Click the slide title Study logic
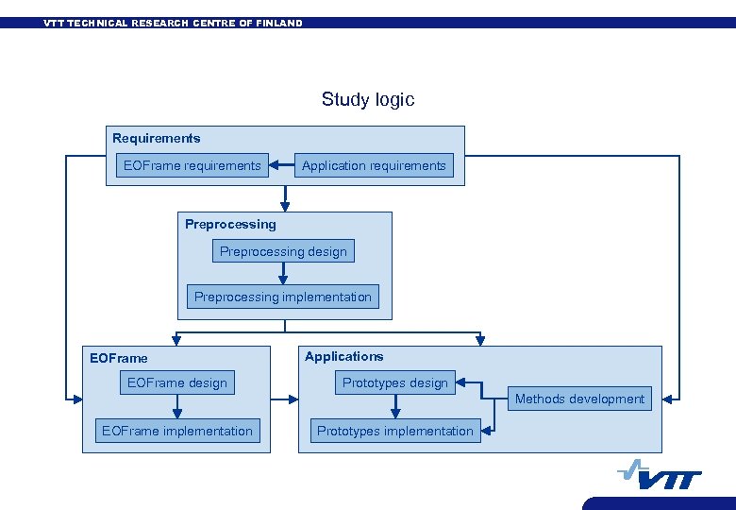point(367,99)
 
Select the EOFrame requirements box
point(192,165)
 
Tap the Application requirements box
point(374,165)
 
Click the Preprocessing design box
point(283,251)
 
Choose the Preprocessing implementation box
point(283,297)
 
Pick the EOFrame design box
point(176,382)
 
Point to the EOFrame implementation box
point(176,431)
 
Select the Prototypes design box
point(394,382)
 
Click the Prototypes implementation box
point(394,431)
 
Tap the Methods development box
point(579,399)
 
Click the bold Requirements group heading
point(157,138)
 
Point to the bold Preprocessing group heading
point(230,224)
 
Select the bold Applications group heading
point(343,356)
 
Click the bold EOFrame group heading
point(119,358)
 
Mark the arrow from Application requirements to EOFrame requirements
point(281,165)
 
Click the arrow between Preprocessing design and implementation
point(283,273)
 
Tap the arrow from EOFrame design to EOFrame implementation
point(176,406)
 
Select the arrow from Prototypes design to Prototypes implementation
point(395,406)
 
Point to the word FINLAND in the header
point(279,23)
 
